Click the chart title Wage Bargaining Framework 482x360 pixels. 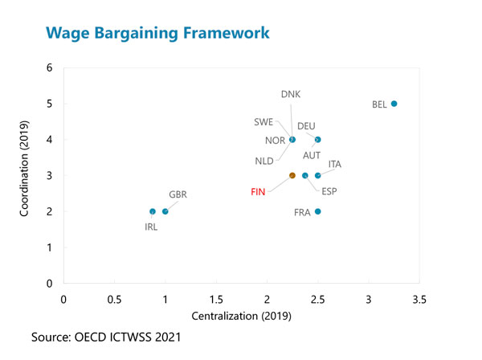click(x=157, y=33)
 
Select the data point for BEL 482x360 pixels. click(x=394, y=104)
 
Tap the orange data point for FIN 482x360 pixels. click(x=292, y=175)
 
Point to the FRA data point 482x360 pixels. click(x=318, y=211)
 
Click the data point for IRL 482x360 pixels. click(x=153, y=211)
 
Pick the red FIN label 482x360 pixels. click(x=258, y=192)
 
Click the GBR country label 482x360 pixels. click(x=178, y=194)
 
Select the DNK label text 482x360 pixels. click(x=291, y=94)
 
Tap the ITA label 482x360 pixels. click(x=335, y=164)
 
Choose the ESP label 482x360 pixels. click(x=329, y=191)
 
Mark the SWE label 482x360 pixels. click(x=263, y=122)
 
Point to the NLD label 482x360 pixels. click(x=264, y=161)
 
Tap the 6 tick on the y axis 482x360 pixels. click(x=50, y=67)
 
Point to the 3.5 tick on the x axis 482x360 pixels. click(x=419, y=300)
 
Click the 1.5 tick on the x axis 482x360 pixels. click(x=216, y=300)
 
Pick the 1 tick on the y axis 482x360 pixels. click(x=50, y=247)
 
